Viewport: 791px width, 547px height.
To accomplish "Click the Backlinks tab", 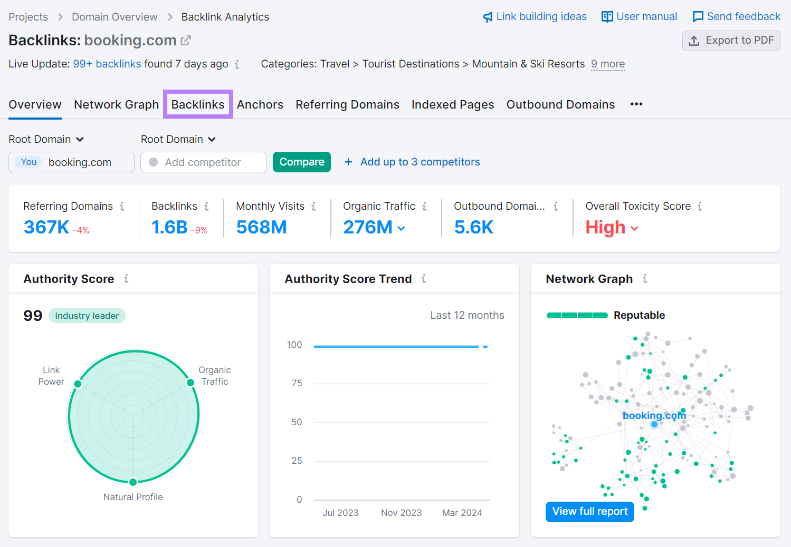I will click(198, 104).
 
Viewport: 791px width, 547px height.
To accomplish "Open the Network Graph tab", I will click(116, 104).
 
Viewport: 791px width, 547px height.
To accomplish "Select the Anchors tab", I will click(260, 104).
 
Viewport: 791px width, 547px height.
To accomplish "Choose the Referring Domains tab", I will click(347, 104).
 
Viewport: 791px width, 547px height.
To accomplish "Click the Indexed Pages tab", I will click(452, 104).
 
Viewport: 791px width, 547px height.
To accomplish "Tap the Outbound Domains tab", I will click(560, 104).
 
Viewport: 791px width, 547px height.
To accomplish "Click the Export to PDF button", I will click(731, 41).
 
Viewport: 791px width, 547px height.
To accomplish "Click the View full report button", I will click(589, 512).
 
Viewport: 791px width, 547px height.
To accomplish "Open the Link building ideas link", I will click(535, 17).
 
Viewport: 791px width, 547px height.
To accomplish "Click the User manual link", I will click(639, 17).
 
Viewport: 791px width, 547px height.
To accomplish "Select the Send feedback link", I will click(736, 17).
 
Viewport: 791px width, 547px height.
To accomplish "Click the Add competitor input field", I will click(203, 162).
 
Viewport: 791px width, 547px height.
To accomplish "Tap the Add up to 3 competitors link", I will click(412, 162).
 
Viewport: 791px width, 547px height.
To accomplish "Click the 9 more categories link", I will click(608, 64).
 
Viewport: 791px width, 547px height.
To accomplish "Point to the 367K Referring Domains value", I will click(46, 227).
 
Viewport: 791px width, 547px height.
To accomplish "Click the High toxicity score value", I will click(605, 228).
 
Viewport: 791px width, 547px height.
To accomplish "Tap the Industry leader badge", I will click(87, 316).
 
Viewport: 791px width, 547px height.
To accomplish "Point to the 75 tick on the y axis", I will click(297, 383).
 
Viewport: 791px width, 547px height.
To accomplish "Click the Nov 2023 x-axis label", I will click(401, 513).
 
